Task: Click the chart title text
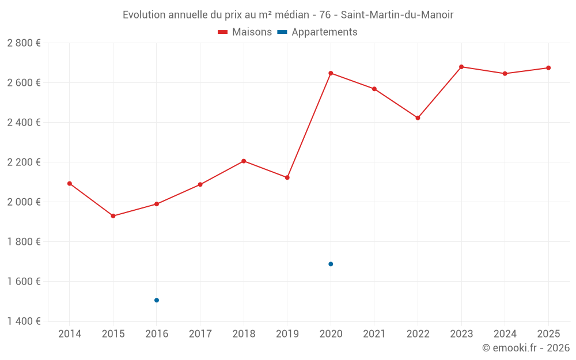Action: [288, 15]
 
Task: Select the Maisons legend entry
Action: [245, 32]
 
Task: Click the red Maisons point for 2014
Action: [70, 184]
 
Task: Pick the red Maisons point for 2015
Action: [113, 216]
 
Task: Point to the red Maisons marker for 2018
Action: [244, 161]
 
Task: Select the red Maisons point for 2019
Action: [287, 177]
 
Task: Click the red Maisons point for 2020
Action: [331, 73]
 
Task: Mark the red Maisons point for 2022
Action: [418, 118]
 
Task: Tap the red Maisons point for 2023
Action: [461, 67]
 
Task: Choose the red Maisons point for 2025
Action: [548, 68]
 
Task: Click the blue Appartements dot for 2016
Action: [157, 300]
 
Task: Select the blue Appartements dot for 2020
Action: [331, 264]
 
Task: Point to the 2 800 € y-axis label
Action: [24, 43]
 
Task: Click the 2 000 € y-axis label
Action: [24, 202]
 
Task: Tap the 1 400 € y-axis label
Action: [24, 321]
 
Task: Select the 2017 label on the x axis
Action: [200, 334]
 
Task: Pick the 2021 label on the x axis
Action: [374, 334]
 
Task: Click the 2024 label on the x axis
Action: [505, 334]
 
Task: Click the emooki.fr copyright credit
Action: [526, 348]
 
